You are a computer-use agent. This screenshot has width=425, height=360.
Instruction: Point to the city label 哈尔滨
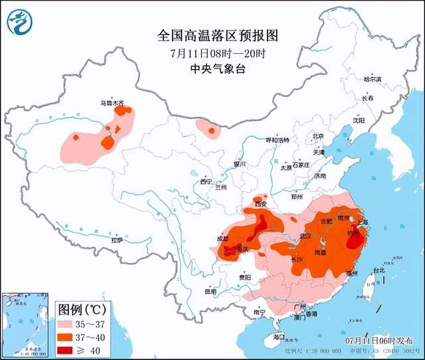tap(373, 80)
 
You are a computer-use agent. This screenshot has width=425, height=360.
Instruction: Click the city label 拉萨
tap(118, 240)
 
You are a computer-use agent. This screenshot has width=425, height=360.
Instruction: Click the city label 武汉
tap(306, 236)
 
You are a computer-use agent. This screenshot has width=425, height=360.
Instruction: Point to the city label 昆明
tap(211, 292)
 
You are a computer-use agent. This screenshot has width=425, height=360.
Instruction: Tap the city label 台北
tap(379, 271)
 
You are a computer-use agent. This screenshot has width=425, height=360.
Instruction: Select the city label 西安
tap(260, 204)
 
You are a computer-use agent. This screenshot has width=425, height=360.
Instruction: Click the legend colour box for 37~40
tap(67, 338)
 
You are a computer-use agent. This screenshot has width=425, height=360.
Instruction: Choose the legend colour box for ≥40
tap(67, 350)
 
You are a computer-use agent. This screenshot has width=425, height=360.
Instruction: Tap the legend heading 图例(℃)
tap(80, 310)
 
